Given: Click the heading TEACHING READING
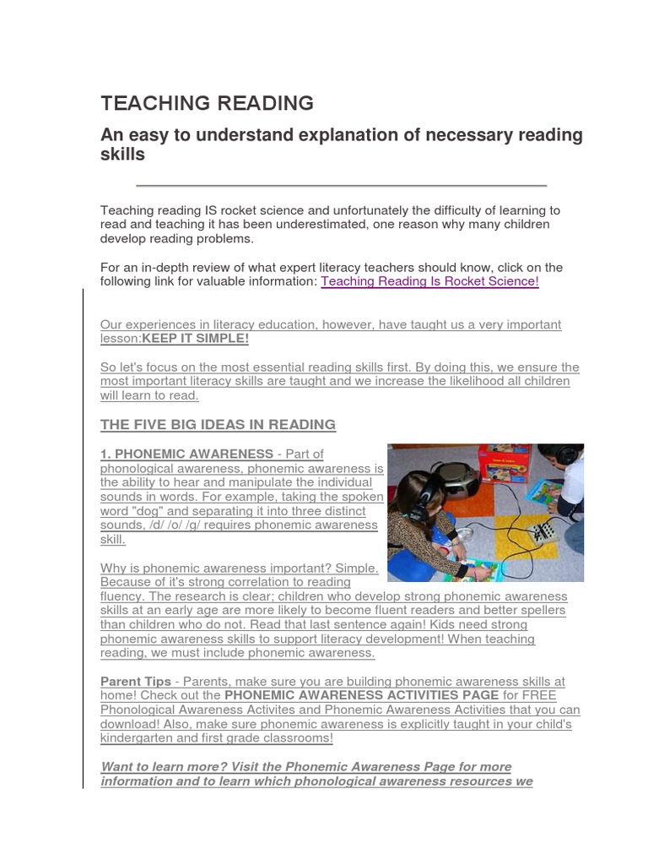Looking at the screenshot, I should coord(207,104).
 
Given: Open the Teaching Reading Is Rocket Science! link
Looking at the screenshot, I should coord(429,282).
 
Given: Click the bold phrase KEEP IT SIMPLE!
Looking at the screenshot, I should coord(196,339).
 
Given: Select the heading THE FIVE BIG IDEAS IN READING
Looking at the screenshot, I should coord(218,425).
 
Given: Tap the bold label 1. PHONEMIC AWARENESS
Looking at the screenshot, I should coord(186,454).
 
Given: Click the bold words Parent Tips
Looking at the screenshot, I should coord(135,682).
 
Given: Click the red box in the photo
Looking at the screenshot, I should coord(504,463).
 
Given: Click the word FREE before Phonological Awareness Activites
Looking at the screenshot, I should coord(540,696).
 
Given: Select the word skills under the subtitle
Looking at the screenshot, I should coord(123,155).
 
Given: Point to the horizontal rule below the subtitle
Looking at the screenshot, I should coord(341,185).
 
